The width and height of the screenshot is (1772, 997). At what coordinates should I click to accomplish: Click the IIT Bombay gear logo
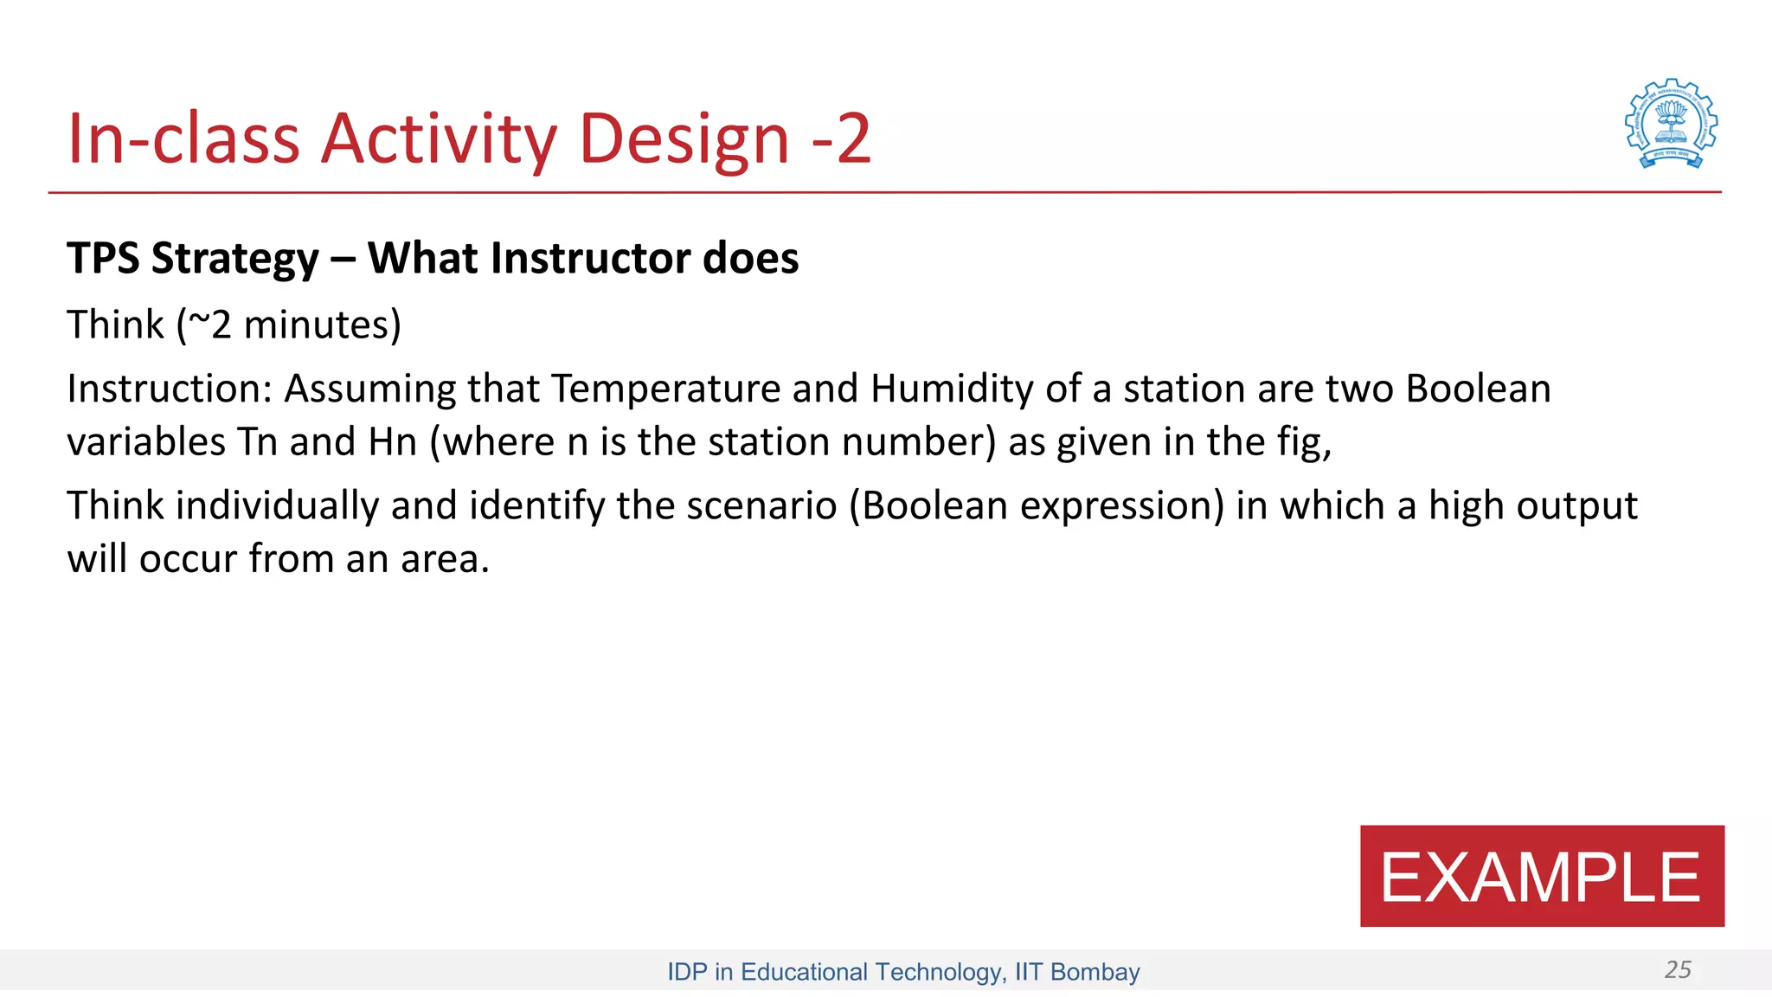coord(1671,124)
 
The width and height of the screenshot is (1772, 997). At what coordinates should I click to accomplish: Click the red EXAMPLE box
coord(1541,876)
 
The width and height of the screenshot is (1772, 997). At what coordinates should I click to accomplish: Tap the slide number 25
coord(1677,969)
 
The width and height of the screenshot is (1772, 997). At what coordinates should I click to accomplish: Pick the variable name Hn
coord(392,442)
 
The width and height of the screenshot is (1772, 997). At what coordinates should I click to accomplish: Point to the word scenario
coord(761,505)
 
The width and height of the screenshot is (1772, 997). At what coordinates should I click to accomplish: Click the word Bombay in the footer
coord(1095,972)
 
